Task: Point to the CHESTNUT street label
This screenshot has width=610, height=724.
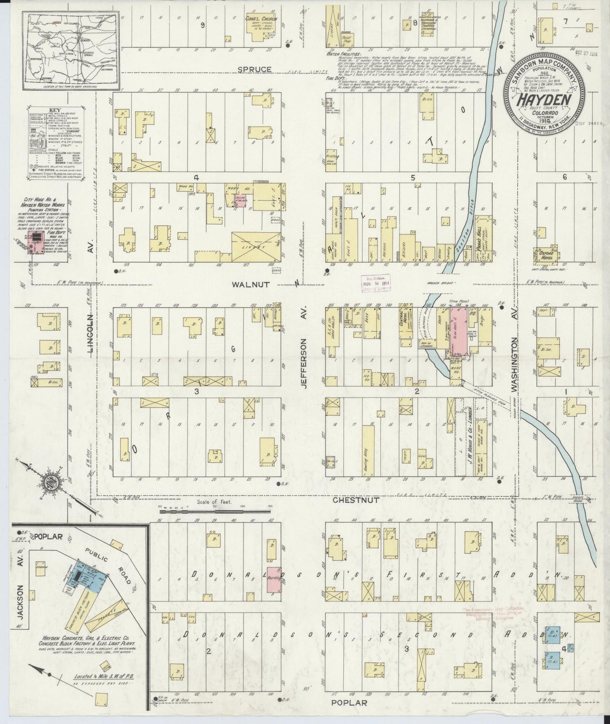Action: [350, 500]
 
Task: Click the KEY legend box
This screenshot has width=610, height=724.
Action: [46, 137]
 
